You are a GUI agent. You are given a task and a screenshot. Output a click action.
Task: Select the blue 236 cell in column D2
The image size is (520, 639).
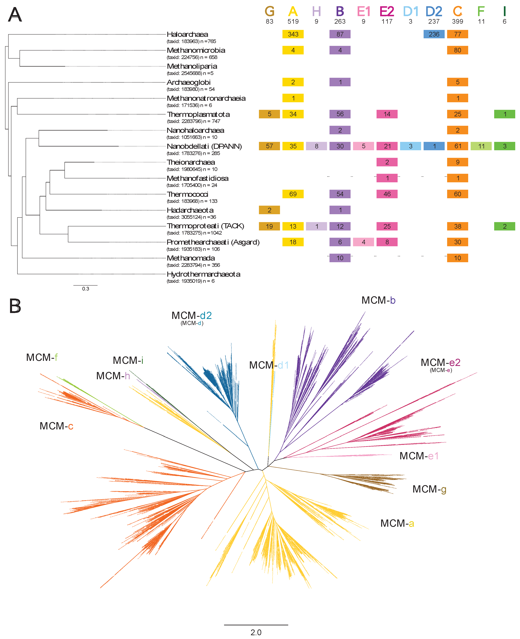[434, 34]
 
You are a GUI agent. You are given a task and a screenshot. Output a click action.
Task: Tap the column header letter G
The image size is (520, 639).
[269, 12]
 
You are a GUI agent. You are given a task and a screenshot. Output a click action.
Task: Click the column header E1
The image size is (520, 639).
[363, 12]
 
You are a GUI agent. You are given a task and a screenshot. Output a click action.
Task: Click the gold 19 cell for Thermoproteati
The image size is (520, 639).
[269, 226]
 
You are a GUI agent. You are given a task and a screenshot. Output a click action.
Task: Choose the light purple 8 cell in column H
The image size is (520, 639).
[316, 146]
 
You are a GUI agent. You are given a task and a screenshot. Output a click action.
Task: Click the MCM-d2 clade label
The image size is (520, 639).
[191, 315]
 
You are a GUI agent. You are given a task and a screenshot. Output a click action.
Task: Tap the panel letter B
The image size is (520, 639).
[15, 306]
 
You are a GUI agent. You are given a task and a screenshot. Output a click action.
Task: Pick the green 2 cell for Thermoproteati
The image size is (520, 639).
[504, 226]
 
